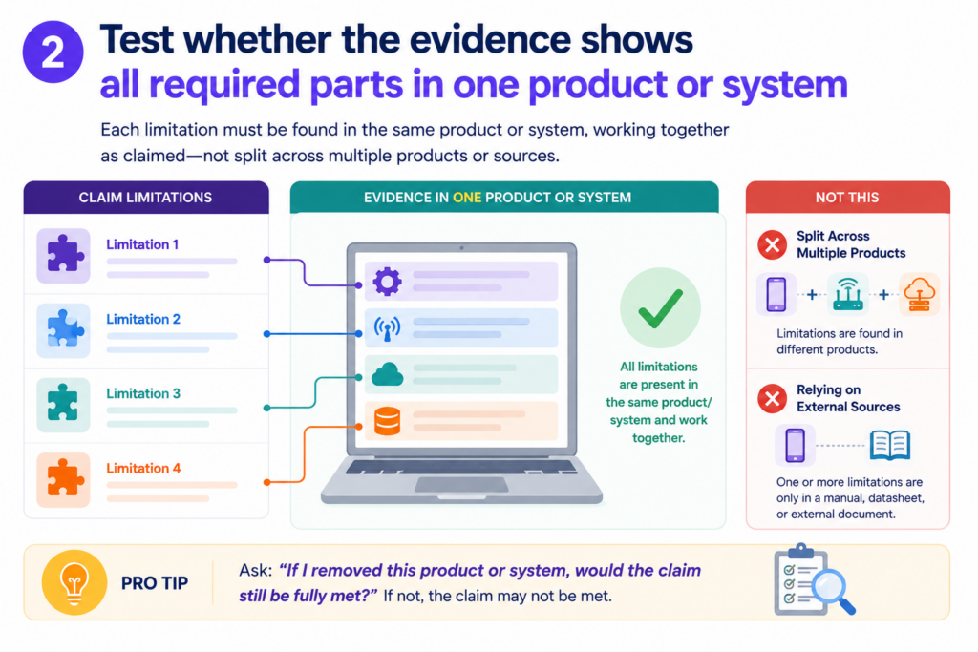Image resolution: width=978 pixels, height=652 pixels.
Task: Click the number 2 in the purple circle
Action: click(53, 53)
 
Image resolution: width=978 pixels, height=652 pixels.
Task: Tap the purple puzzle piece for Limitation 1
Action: click(63, 254)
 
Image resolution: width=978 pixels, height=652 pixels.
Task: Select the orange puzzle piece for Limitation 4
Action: click(64, 478)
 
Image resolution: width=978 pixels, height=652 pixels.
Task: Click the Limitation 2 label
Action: click(143, 319)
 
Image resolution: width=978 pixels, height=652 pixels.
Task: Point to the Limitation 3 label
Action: click(143, 394)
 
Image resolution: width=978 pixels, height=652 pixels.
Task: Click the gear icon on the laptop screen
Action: click(388, 281)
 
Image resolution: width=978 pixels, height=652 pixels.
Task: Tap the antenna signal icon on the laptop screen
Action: click(388, 328)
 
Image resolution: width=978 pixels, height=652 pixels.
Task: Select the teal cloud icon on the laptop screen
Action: click(388, 374)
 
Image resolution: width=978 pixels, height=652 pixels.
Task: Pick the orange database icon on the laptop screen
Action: click(388, 421)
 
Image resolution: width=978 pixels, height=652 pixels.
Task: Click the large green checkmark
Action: click(660, 308)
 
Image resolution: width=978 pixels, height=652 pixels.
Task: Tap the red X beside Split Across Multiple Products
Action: click(772, 245)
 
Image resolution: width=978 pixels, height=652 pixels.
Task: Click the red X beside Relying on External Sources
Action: click(772, 399)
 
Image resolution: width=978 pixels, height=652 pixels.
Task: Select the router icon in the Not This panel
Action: click(848, 294)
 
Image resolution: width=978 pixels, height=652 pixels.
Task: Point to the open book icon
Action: click(890, 446)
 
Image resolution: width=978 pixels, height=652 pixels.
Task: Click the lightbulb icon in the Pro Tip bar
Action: click(74, 583)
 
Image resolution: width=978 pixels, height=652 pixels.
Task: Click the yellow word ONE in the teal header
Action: click(467, 198)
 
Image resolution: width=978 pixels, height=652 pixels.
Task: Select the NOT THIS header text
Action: click(847, 198)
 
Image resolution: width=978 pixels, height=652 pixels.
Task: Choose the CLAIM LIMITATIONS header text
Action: click(145, 198)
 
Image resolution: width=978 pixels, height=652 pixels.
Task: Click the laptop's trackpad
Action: click(461, 484)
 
